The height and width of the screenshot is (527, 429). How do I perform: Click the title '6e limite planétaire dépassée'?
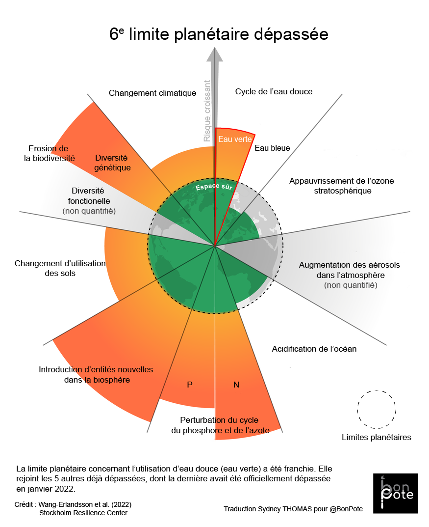click(x=219, y=35)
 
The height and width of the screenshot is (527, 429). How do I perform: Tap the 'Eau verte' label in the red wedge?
click(x=235, y=139)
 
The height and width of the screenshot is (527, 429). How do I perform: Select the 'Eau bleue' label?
click(x=272, y=148)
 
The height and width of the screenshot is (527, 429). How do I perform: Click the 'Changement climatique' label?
click(x=152, y=93)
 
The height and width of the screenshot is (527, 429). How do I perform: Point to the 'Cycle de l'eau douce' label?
click(x=274, y=91)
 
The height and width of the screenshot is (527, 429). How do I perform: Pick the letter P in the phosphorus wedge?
click(x=190, y=385)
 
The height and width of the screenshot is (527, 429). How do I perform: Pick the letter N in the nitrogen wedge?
click(x=236, y=385)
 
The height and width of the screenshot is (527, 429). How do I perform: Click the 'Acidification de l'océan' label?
click(x=314, y=349)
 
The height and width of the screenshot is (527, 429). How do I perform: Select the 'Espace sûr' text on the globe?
click(x=214, y=187)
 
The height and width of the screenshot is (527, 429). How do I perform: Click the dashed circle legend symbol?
click(x=377, y=409)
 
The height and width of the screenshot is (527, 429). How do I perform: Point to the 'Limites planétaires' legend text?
click(x=376, y=437)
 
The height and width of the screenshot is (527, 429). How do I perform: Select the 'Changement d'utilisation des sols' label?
click(x=60, y=268)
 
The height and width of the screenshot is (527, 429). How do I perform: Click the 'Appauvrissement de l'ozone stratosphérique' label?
click(x=341, y=186)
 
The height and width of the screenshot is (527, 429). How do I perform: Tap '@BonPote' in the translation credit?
click(x=346, y=509)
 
